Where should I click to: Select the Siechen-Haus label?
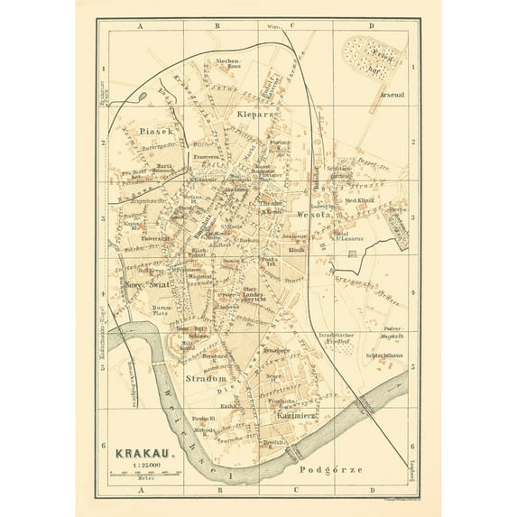tap(226, 64)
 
